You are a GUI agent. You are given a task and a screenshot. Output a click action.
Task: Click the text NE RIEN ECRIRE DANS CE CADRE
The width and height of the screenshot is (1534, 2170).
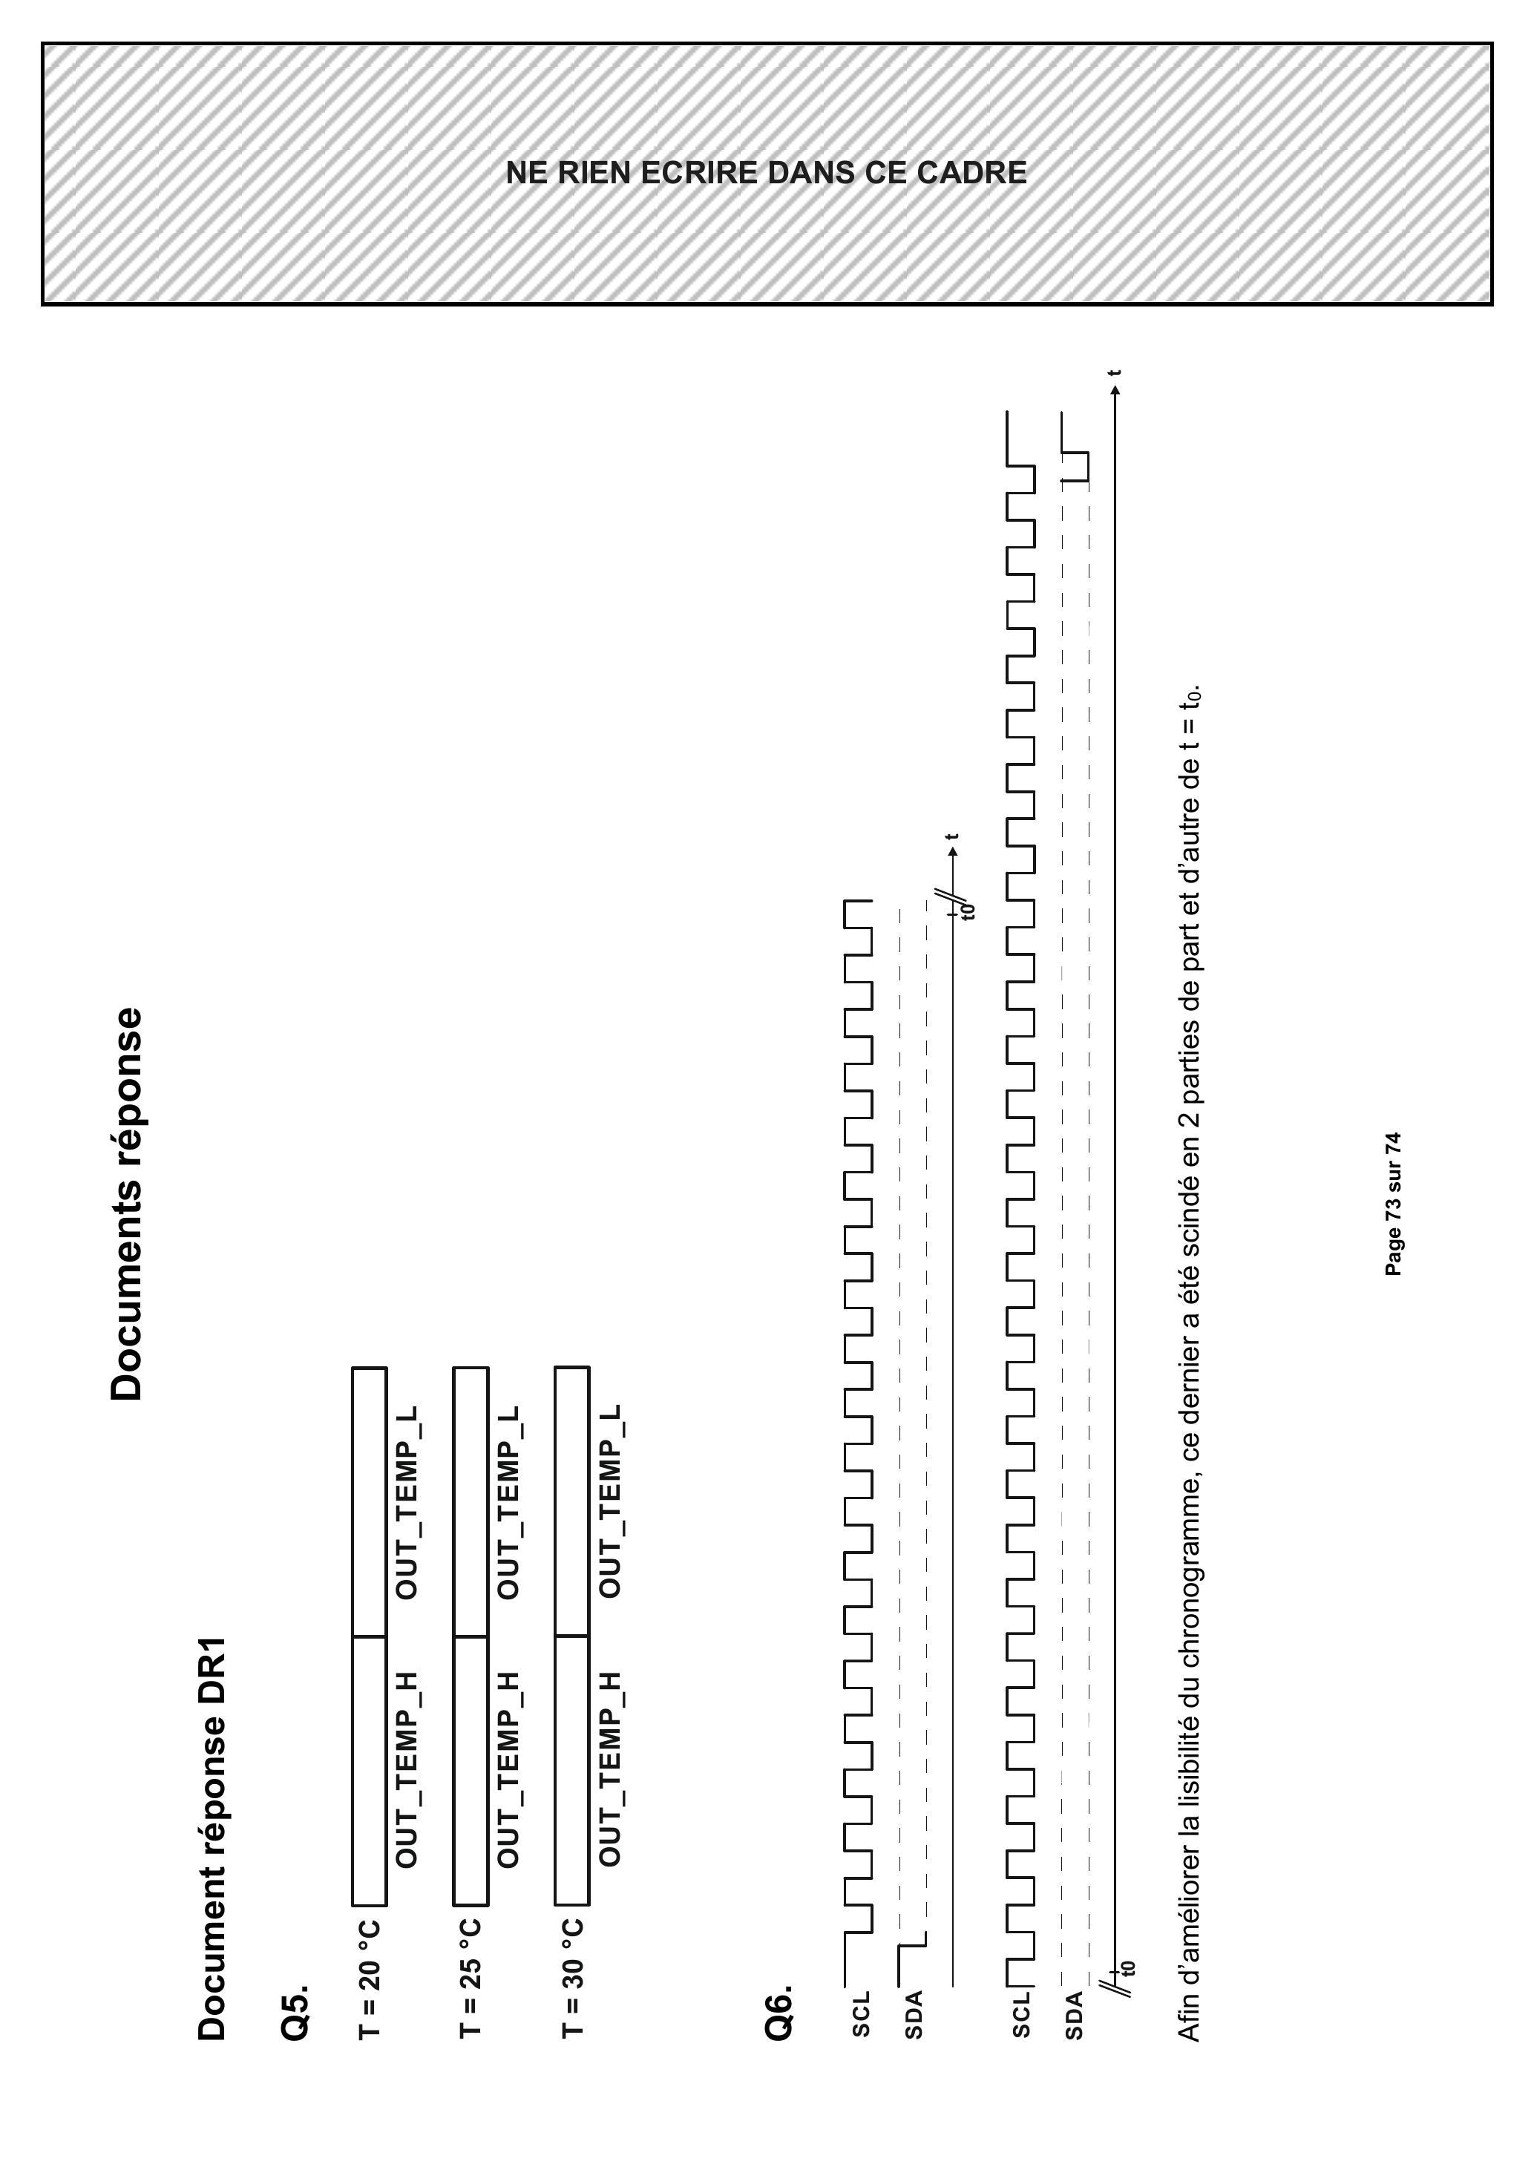[x=767, y=173]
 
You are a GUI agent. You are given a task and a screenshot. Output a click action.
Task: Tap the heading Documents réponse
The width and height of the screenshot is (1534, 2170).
[x=127, y=1203]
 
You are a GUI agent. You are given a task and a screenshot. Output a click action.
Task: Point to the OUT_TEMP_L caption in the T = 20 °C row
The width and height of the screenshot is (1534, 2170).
[x=407, y=1503]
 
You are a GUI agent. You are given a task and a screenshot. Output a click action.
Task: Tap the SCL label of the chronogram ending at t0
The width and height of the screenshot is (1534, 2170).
[x=860, y=2013]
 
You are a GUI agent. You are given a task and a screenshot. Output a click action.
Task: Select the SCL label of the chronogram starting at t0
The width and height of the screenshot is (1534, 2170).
[x=1020, y=2013]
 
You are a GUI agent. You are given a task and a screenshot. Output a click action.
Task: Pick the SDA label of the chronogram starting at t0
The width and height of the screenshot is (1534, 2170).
[x=1075, y=2013]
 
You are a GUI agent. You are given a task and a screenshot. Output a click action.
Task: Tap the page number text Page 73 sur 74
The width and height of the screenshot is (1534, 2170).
[x=1393, y=1203]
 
